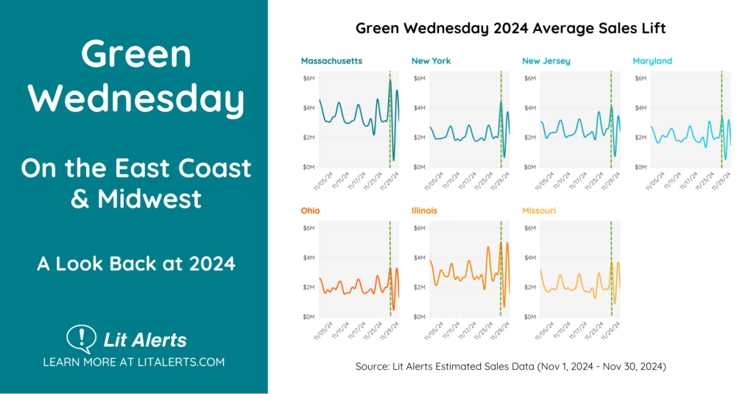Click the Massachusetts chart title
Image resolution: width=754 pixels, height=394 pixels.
click(331, 61)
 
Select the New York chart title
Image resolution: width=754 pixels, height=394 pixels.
click(431, 61)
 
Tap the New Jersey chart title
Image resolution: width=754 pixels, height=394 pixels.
click(546, 61)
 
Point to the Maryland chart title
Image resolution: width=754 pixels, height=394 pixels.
click(652, 61)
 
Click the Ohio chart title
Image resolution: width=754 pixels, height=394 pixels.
click(310, 211)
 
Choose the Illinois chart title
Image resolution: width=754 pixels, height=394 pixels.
click(424, 211)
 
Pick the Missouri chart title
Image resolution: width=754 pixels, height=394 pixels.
click(539, 211)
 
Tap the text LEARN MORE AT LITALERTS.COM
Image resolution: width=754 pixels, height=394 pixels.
click(133, 362)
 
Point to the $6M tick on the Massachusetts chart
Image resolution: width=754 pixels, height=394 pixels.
click(309, 78)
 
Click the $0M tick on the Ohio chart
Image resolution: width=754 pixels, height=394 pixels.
click(309, 317)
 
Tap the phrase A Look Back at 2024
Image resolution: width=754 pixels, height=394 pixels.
click(136, 263)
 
